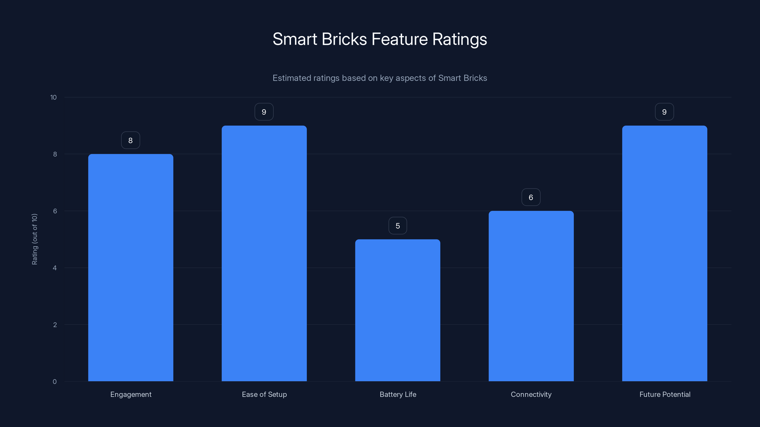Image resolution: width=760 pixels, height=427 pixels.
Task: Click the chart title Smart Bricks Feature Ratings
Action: pyautogui.click(x=380, y=39)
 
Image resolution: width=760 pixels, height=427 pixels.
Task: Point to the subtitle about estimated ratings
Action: pyautogui.click(x=380, y=78)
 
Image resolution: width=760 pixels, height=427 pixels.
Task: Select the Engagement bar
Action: pyautogui.click(x=131, y=268)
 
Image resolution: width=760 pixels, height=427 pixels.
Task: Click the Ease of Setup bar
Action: pyautogui.click(x=264, y=253)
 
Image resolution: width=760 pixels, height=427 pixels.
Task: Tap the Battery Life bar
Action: pyautogui.click(x=398, y=310)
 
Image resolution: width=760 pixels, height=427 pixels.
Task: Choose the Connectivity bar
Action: pyautogui.click(x=531, y=296)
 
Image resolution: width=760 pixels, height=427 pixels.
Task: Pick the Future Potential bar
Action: pyautogui.click(x=665, y=253)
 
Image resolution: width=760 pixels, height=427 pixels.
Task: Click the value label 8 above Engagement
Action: pyautogui.click(x=130, y=140)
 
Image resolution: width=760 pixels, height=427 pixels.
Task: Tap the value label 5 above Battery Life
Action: pyautogui.click(x=398, y=226)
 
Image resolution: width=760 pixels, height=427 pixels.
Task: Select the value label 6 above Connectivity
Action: pyautogui.click(x=531, y=197)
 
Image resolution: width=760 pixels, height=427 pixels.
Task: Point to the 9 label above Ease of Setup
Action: pyautogui.click(x=264, y=112)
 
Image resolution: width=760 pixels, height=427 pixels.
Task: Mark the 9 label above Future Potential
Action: pyautogui.click(x=665, y=112)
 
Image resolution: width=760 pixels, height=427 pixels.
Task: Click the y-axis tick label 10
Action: pyautogui.click(x=53, y=97)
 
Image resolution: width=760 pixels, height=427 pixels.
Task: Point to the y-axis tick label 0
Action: pyautogui.click(x=55, y=382)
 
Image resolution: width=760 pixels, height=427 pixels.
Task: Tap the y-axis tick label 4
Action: pyautogui.click(x=55, y=268)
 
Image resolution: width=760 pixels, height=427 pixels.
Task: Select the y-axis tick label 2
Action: pyautogui.click(x=55, y=325)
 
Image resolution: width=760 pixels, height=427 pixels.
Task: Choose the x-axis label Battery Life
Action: pyautogui.click(x=398, y=394)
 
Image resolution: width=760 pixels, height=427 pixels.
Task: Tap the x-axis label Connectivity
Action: pyautogui.click(x=531, y=394)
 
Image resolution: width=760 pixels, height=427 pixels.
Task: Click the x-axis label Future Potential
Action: pyautogui.click(x=665, y=394)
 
